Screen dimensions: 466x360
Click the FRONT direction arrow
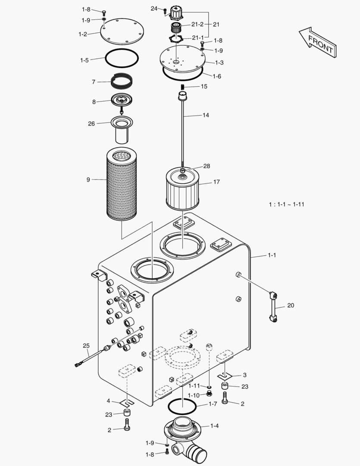click(x=318, y=42)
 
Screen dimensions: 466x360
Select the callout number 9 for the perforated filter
click(x=88, y=179)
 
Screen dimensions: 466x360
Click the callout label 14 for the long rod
click(x=206, y=115)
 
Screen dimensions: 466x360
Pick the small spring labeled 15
click(x=182, y=87)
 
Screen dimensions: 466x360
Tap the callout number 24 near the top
click(x=154, y=9)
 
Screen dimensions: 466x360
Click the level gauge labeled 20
click(x=273, y=307)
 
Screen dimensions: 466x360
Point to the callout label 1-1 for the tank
click(x=272, y=255)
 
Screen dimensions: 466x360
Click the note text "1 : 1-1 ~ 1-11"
click(x=286, y=204)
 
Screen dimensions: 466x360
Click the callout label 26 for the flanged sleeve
click(x=91, y=123)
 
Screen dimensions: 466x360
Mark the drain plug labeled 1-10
click(x=210, y=393)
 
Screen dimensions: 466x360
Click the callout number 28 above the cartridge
click(x=207, y=166)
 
